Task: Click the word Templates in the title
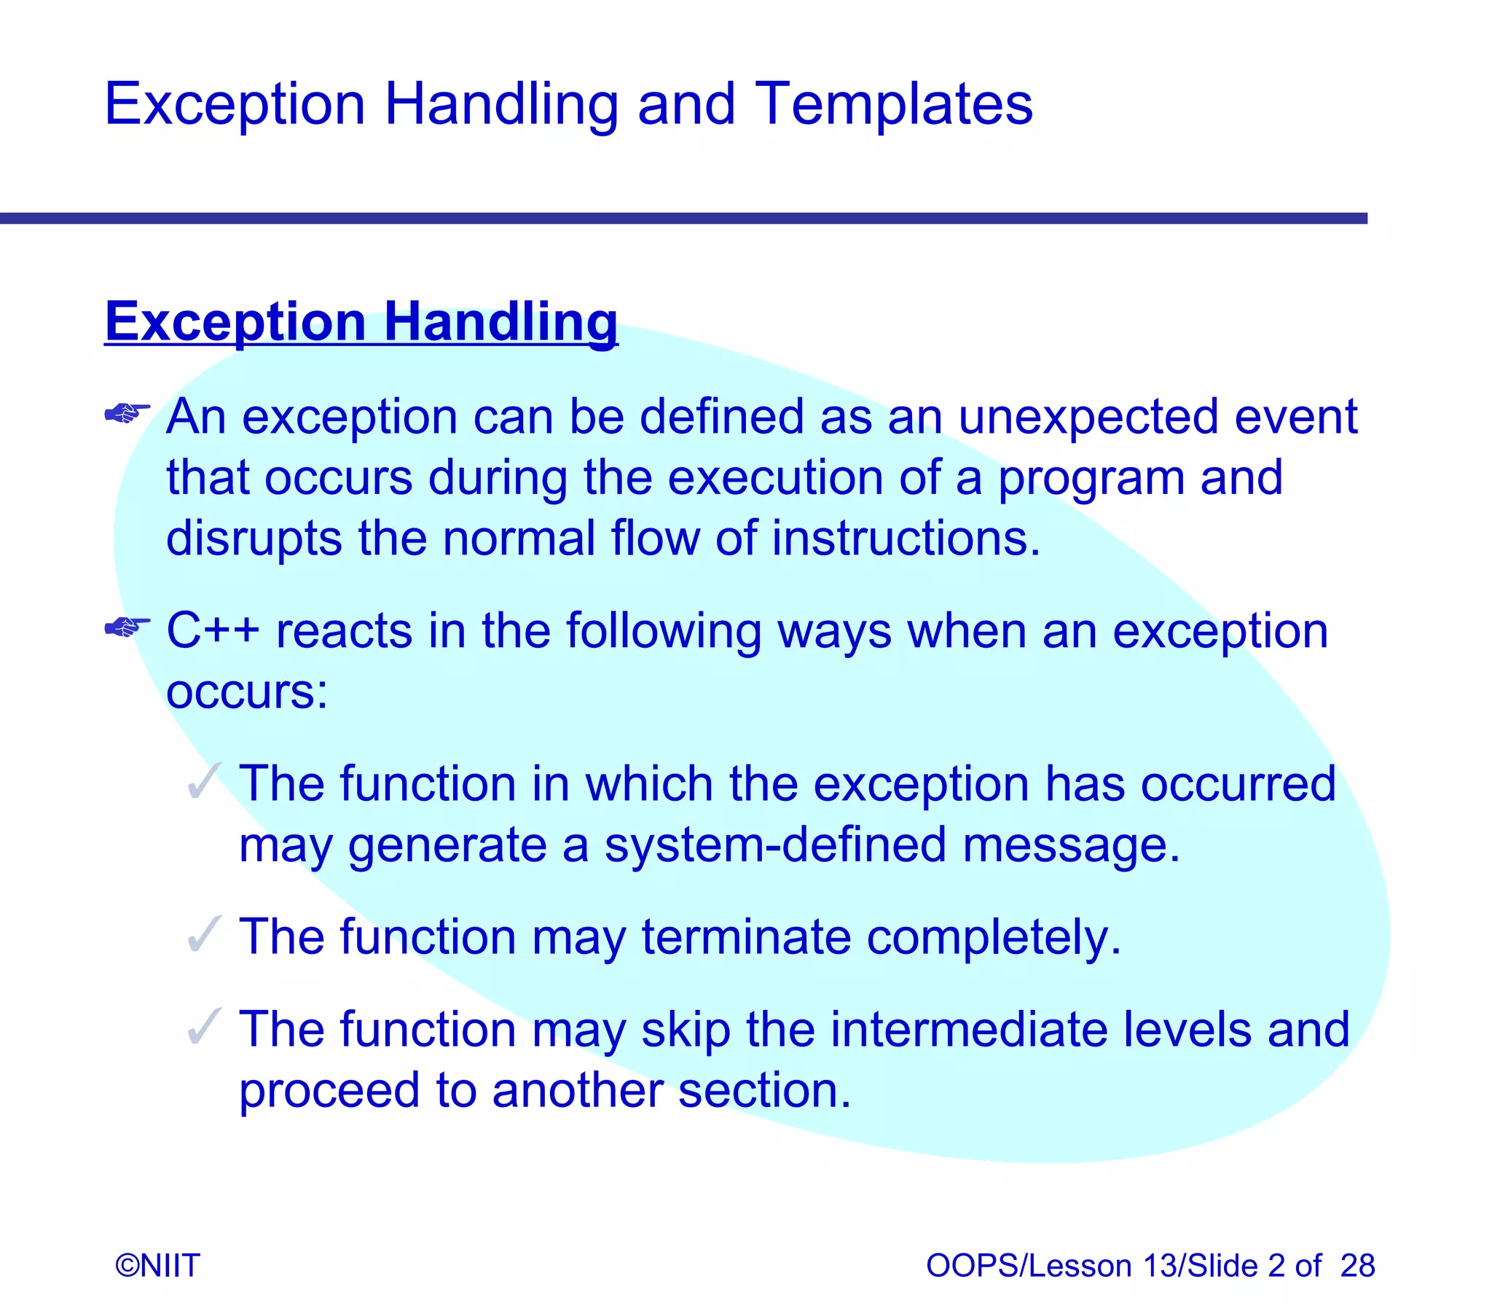click(893, 104)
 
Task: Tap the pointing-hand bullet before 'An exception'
click(127, 414)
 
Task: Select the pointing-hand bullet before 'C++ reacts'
click(127, 627)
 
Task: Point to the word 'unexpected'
click(1088, 417)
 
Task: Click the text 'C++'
click(212, 630)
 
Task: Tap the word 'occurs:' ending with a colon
click(246, 692)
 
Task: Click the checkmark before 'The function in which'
click(203, 782)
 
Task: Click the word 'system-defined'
click(775, 845)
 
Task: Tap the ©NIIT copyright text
click(157, 1266)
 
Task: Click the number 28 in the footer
click(1357, 1266)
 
